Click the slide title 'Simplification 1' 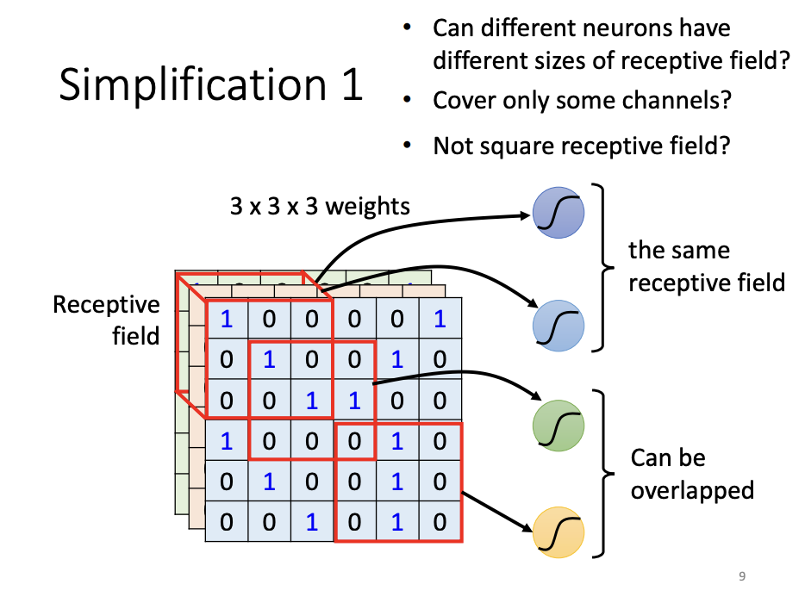tap(210, 85)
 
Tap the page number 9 tap(742, 576)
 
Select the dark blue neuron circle tap(559, 213)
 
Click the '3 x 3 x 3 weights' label tap(320, 207)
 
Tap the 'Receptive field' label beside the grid tap(106, 319)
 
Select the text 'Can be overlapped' tap(692, 474)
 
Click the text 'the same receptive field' tap(706, 266)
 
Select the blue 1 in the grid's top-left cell tap(226, 320)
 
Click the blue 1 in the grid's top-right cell tap(440, 320)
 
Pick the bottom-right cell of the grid tap(440, 520)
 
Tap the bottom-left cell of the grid tap(226, 520)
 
